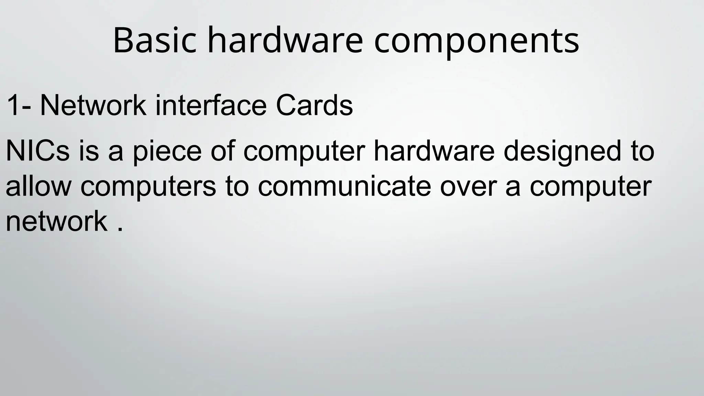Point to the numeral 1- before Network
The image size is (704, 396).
(19, 105)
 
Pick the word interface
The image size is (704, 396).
(211, 105)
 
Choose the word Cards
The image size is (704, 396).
(314, 105)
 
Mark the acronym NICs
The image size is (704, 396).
(37, 151)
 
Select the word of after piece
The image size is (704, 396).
(223, 151)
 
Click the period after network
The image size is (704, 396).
(120, 230)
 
